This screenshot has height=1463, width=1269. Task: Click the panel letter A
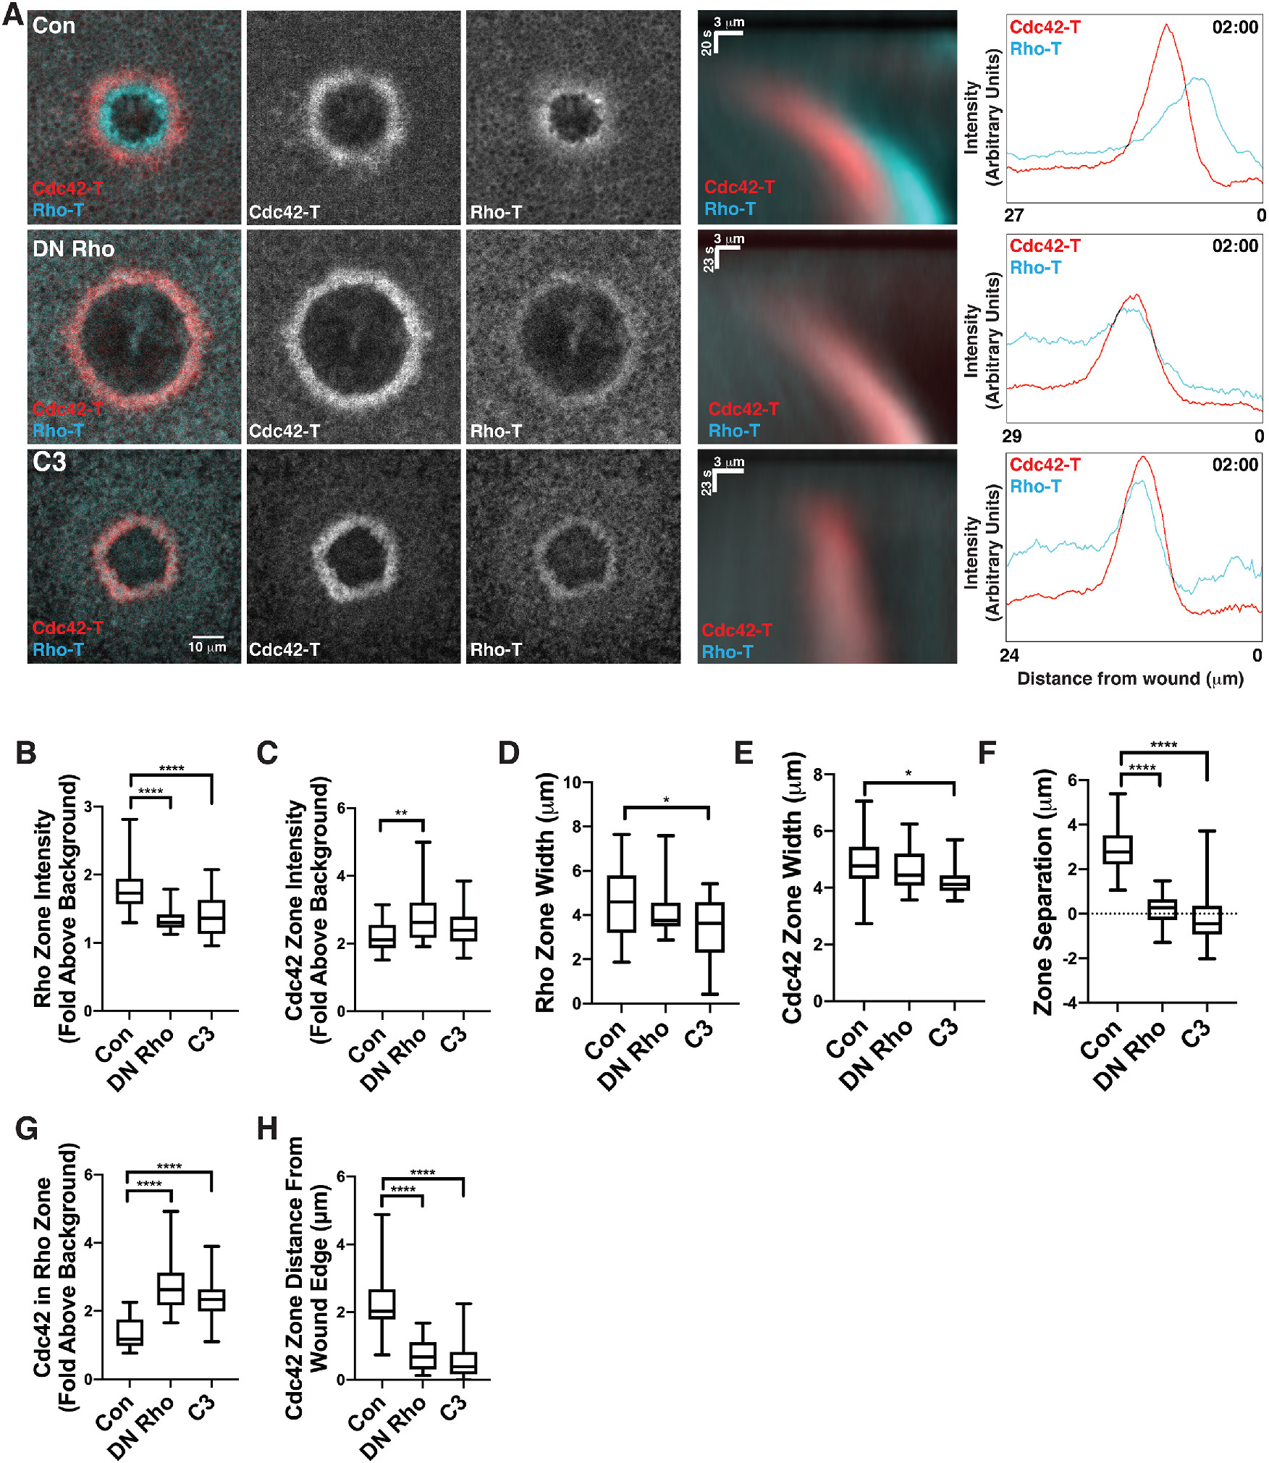coord(12,14)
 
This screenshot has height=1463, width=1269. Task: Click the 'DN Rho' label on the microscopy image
coord(73,249)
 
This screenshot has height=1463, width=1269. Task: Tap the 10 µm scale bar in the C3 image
coord(208,636)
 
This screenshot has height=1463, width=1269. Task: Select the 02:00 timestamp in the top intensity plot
coord(1235,28)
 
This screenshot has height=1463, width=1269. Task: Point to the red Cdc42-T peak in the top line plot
coord(1166,27)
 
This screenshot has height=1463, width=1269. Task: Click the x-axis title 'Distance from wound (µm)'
coord(1130,679)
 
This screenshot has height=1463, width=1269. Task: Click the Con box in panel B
coord(130,890)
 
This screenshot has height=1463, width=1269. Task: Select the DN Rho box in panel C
coord(423,920)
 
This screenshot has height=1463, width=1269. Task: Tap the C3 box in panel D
coord(709,927)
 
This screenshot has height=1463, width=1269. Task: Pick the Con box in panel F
coord(1118,850)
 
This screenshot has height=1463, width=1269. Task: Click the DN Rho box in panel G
coord(171,1289)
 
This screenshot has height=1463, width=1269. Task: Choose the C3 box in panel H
coord(463,1362)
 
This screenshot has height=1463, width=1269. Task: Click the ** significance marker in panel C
coord(401,813)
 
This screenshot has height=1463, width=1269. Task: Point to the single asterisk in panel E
coord(908,774)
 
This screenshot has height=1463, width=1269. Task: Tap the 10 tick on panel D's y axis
coord(572,783)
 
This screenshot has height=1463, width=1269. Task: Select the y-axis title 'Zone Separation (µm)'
coord(1043,892)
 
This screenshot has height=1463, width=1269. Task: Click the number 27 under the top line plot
coord(1014,215)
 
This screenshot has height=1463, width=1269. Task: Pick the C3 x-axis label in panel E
coord(943,1034)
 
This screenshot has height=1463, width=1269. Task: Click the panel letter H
coord(267,1128)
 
